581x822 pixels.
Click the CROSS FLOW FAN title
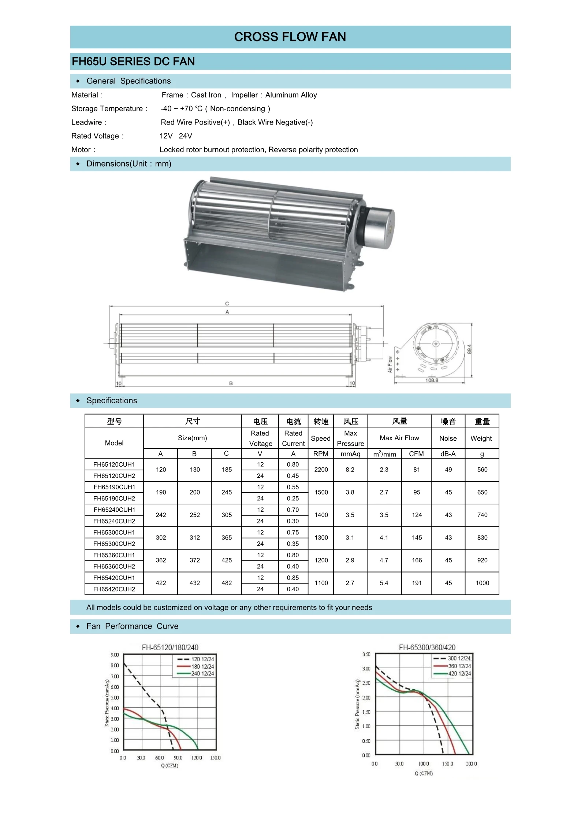tap(290, 37)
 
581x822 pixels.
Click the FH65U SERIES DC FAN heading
tap(133, 61)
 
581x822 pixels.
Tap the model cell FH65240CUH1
tap(114, 510)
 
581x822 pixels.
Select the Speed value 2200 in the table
tap(321, 470)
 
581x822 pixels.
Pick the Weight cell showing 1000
tap(482, 583)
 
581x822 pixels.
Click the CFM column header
tap(416, 454)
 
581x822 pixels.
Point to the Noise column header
tap(448, 438)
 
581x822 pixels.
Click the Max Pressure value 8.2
tap(350, 470)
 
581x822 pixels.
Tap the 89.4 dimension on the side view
tap(469, 349)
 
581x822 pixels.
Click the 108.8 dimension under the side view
tap(431, 380)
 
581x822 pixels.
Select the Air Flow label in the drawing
tap(390, 364)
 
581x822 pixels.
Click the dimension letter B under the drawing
tap(231, 383)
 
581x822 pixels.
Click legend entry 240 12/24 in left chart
tap(202, 673)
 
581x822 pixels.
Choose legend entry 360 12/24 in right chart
tap(459, 666)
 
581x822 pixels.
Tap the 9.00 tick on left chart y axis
tap(115, 655)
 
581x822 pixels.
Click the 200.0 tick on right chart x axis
tap(471, 764)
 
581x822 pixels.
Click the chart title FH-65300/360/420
tap(427, 647)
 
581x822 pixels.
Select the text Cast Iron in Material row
tap(206, 95)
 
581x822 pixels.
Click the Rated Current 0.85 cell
tap(293, 578)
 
